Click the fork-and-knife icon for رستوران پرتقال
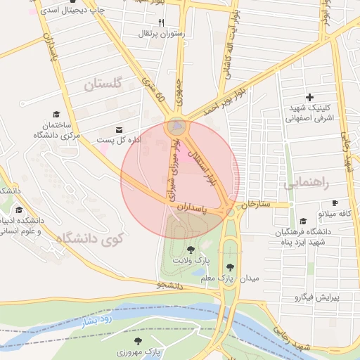[x=161, y=23]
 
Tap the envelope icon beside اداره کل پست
[x=119, y=130]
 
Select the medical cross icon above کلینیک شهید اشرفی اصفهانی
[x=309, y=97]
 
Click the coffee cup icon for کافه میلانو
[x=335, y=202]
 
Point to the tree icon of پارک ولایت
[x=191, y=250]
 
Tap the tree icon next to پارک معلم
[x=231, y=267]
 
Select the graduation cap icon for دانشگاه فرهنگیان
[x=302, y=221]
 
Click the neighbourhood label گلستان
[x=103, y=84]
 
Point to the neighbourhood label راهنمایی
[x=307, y=183]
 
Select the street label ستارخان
[x=256, y=204]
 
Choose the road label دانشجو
[x=169, y=286]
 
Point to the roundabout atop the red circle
[x=176, y=127]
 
